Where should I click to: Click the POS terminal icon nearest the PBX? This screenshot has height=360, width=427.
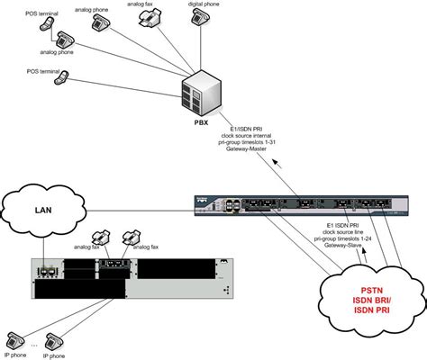tap(62, 78)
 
